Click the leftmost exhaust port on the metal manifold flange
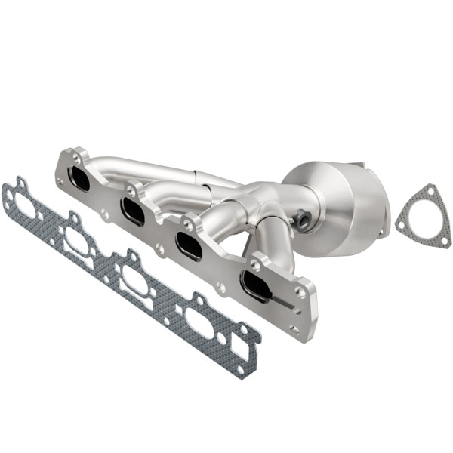tap(79, 179)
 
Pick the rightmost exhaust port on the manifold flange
tap(254, 285)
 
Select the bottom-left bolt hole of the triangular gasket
tap(401, 224)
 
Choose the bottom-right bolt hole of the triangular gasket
tap(445, 241)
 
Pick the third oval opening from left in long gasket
tap(136, 280)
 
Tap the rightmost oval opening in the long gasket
tap(200, 322)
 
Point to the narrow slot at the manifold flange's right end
tap(285, 303)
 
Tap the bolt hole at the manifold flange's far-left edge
tap(60, 181)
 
